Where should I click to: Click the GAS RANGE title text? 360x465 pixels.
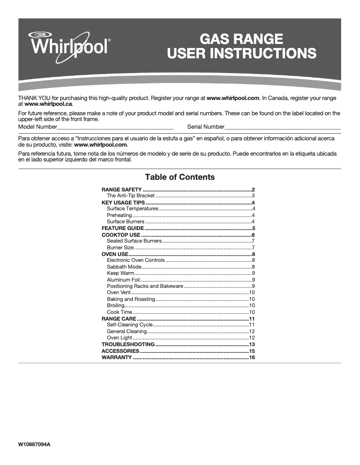(x=241, y=39)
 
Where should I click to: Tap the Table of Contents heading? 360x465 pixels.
(x=180, y=177)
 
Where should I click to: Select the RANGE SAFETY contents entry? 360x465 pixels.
(x=122, y=190)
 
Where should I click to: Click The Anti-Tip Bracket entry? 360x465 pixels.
(x=131, y=196)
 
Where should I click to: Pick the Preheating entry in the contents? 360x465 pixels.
(x=119, y=215)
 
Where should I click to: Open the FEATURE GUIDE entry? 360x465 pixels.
(x=123, y=228)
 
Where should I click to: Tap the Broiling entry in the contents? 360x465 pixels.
(x=115, y=305)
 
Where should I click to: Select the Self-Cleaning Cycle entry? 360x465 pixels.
(x=130, y=325)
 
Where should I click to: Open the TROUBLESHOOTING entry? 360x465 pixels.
(x=128, y=344)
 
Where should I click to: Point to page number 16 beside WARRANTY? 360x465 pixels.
(x=252, y=357)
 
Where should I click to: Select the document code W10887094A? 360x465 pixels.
(x=34, y=444)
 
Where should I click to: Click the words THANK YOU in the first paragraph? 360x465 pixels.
(x=32, y=98)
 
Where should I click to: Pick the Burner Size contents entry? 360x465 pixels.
(x=120, y=248)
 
